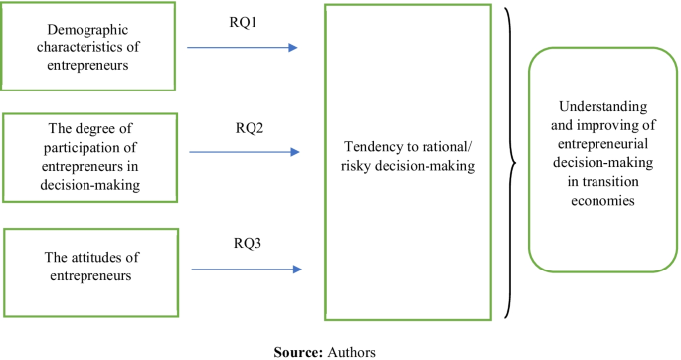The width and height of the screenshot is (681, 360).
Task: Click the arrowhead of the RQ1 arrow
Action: [293, 47]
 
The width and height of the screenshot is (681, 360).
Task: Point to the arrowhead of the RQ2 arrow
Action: [293, 152]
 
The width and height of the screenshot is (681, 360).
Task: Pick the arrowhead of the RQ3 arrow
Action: [293, 269]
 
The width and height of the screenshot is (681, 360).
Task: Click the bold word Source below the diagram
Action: [295, 350]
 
